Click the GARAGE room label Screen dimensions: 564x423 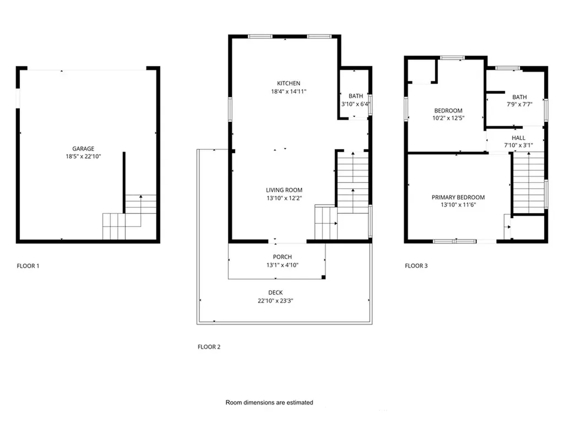(x=83, y=149)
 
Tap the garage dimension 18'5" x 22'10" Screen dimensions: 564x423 (x=83, y=156)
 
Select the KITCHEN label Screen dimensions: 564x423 (x=289, y=83)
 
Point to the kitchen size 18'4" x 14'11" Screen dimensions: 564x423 (x=289, y=91)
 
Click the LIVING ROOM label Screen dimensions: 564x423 (x=284, y=190)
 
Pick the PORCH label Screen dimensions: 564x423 (x=283, y=257)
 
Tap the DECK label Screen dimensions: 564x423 (x=275, y=292)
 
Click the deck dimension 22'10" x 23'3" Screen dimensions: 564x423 (x=275, y=301)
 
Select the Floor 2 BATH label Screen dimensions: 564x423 (x=356, y=96)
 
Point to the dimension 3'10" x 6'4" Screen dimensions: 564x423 (x=356, y=104)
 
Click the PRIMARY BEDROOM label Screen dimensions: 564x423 (x=458, y=197)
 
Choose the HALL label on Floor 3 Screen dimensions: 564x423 (x=518, y=138)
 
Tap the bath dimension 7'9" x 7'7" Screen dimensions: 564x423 (x=519, y=105)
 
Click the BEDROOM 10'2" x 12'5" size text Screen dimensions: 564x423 (x=448, y=118)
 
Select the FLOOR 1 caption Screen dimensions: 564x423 (x=28, y=266)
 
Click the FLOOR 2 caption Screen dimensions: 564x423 (x=209, y=347)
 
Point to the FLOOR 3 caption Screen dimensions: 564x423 (x=416, y=266)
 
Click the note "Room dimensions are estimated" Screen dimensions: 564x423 (x=269, y=403)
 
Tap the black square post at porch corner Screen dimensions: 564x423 (x=323, y=277)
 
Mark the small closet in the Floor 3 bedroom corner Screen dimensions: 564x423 (x=421, y=71)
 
